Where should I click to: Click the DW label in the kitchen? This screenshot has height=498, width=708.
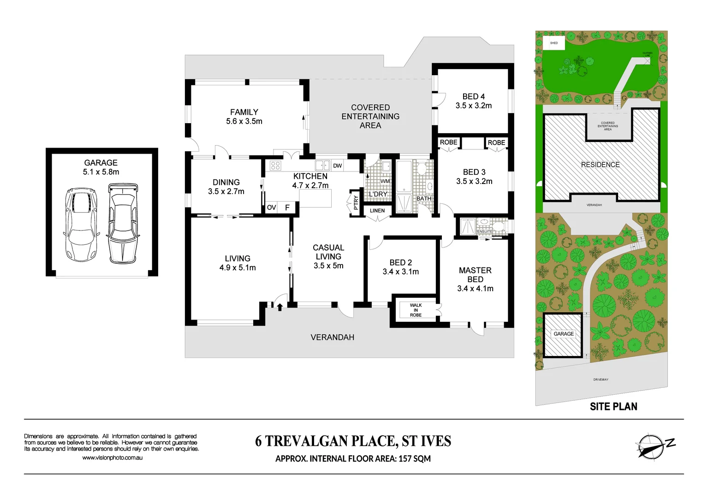[337, 166]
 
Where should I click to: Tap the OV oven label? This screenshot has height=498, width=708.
[271, 207]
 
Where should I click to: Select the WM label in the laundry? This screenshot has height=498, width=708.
[385, 181]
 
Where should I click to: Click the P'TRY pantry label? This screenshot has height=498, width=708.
[356, 202]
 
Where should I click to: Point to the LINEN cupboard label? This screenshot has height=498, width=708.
[377, 211]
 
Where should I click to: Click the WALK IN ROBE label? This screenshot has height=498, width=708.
[416, 310]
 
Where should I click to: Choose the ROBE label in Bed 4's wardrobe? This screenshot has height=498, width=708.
[448, 142]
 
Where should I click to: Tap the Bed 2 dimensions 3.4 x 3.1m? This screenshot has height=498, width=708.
[400, 272]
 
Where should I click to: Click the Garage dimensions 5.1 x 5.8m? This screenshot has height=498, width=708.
[101, 172]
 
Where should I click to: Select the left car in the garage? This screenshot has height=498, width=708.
[81, 224]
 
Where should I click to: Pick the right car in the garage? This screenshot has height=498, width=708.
[122, 223]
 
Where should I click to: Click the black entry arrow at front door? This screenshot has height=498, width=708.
[280, 307]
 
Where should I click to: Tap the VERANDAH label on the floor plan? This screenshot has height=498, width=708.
[332, 337]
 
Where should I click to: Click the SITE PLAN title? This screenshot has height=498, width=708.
[613, 406]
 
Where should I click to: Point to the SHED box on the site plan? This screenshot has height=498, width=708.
[554, 43]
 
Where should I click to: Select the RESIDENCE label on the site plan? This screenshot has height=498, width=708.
[600, 165]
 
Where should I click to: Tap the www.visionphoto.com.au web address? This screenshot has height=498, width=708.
[112, 458]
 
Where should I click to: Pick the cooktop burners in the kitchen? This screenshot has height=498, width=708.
[275, 165]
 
